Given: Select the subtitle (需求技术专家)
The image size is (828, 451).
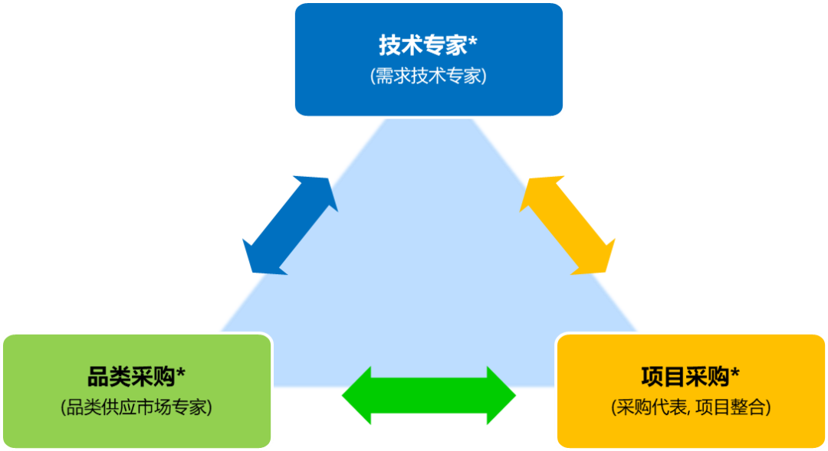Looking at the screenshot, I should (x=428, y=77).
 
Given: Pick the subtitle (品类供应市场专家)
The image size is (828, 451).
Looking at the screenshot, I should (x=136, y=407).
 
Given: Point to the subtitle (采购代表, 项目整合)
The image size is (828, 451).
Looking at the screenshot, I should (x=690, y=407).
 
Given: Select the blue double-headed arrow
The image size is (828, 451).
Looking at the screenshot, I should (x=290, y=225).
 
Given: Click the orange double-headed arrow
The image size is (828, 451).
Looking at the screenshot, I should (x=567, y=225).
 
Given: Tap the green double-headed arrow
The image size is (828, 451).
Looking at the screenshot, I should (x=429, y=397).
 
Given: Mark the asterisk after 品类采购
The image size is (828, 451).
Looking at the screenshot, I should (x=181, y=374).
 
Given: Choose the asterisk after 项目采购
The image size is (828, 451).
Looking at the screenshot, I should (x=735, y=374).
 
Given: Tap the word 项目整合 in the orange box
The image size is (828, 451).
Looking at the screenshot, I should (x=735, y=407).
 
